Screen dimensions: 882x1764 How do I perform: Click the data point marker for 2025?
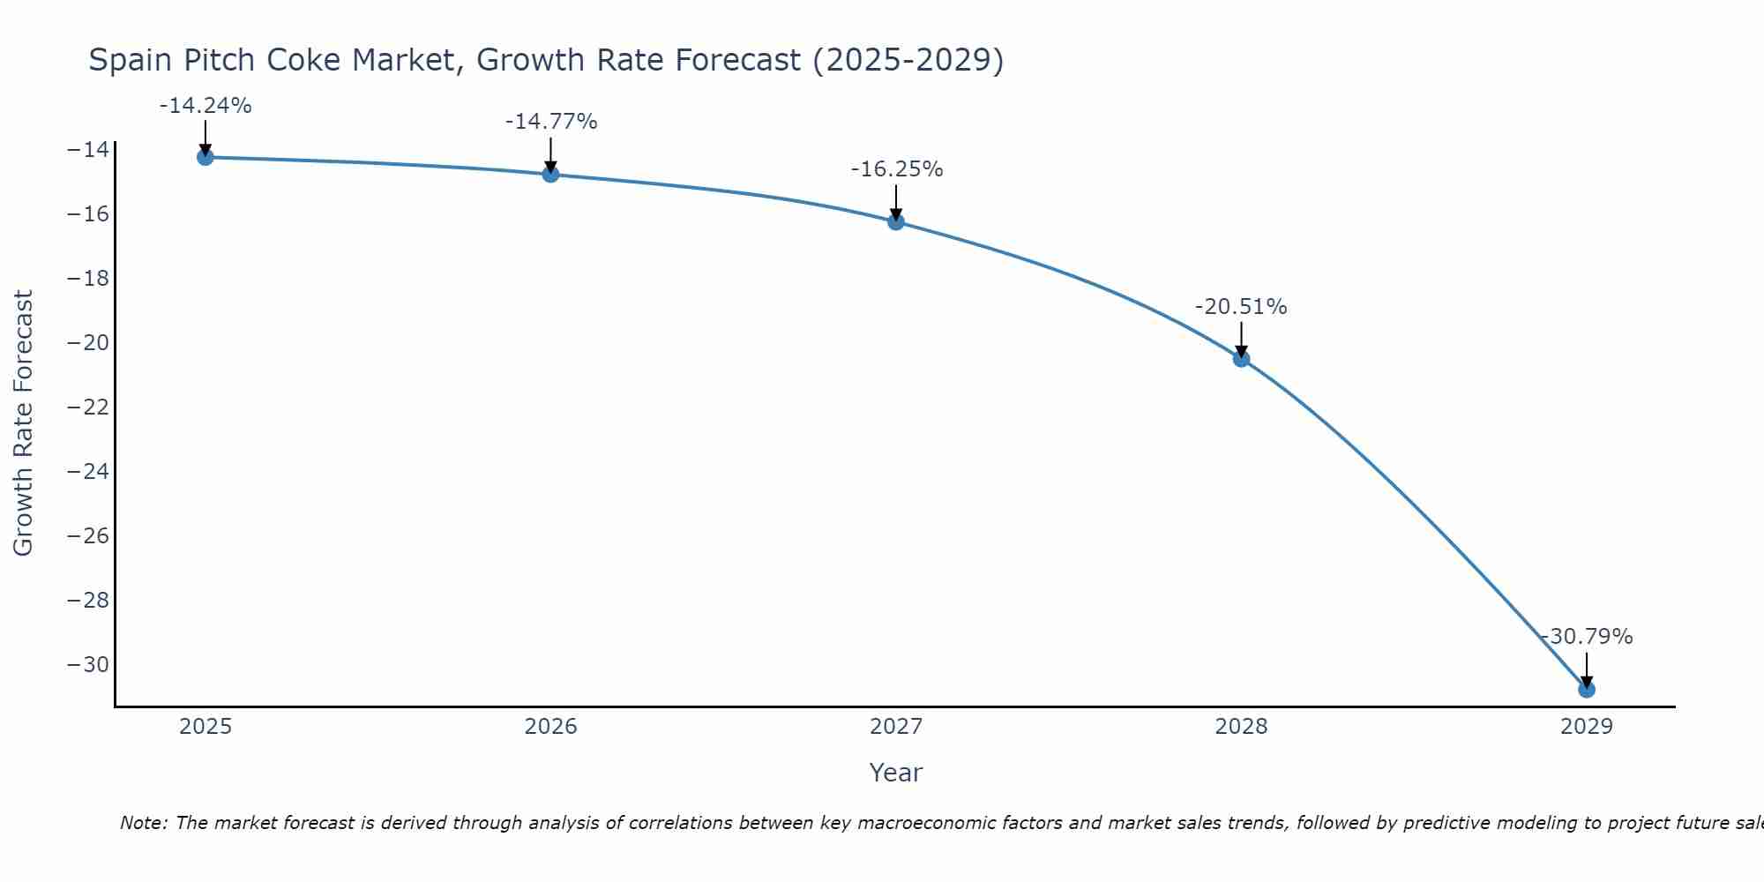tap(206, 157)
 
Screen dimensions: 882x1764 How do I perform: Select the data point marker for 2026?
tap(550, 174)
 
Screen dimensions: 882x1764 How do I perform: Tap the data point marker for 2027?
tap(896, 221)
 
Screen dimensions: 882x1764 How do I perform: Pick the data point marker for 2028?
tap(1241, 359)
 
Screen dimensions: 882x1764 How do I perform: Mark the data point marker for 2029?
tap(1587, 689)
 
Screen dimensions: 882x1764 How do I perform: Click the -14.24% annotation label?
tap(206, 106)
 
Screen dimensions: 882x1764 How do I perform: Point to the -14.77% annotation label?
tap(551, 122)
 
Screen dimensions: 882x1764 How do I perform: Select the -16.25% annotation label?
tap(897, 169)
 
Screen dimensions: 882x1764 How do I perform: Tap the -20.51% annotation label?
tap(1241, 307)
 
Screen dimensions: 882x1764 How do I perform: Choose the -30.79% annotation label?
tap(1587, 637)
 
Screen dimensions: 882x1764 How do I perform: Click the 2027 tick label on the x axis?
tap(896, 727)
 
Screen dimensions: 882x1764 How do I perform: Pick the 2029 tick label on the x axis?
tap(1587, 727)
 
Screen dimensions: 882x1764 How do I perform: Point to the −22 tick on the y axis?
tap(88, 407)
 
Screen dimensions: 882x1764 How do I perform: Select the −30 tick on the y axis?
tap(88, 664)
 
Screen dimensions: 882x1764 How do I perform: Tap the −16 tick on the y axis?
tap(88, 213)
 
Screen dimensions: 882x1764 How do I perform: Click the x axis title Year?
tap(896, 773)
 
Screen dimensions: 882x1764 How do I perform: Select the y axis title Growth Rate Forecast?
tap(24, 422)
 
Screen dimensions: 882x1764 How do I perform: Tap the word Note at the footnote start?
tap(143, 823)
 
